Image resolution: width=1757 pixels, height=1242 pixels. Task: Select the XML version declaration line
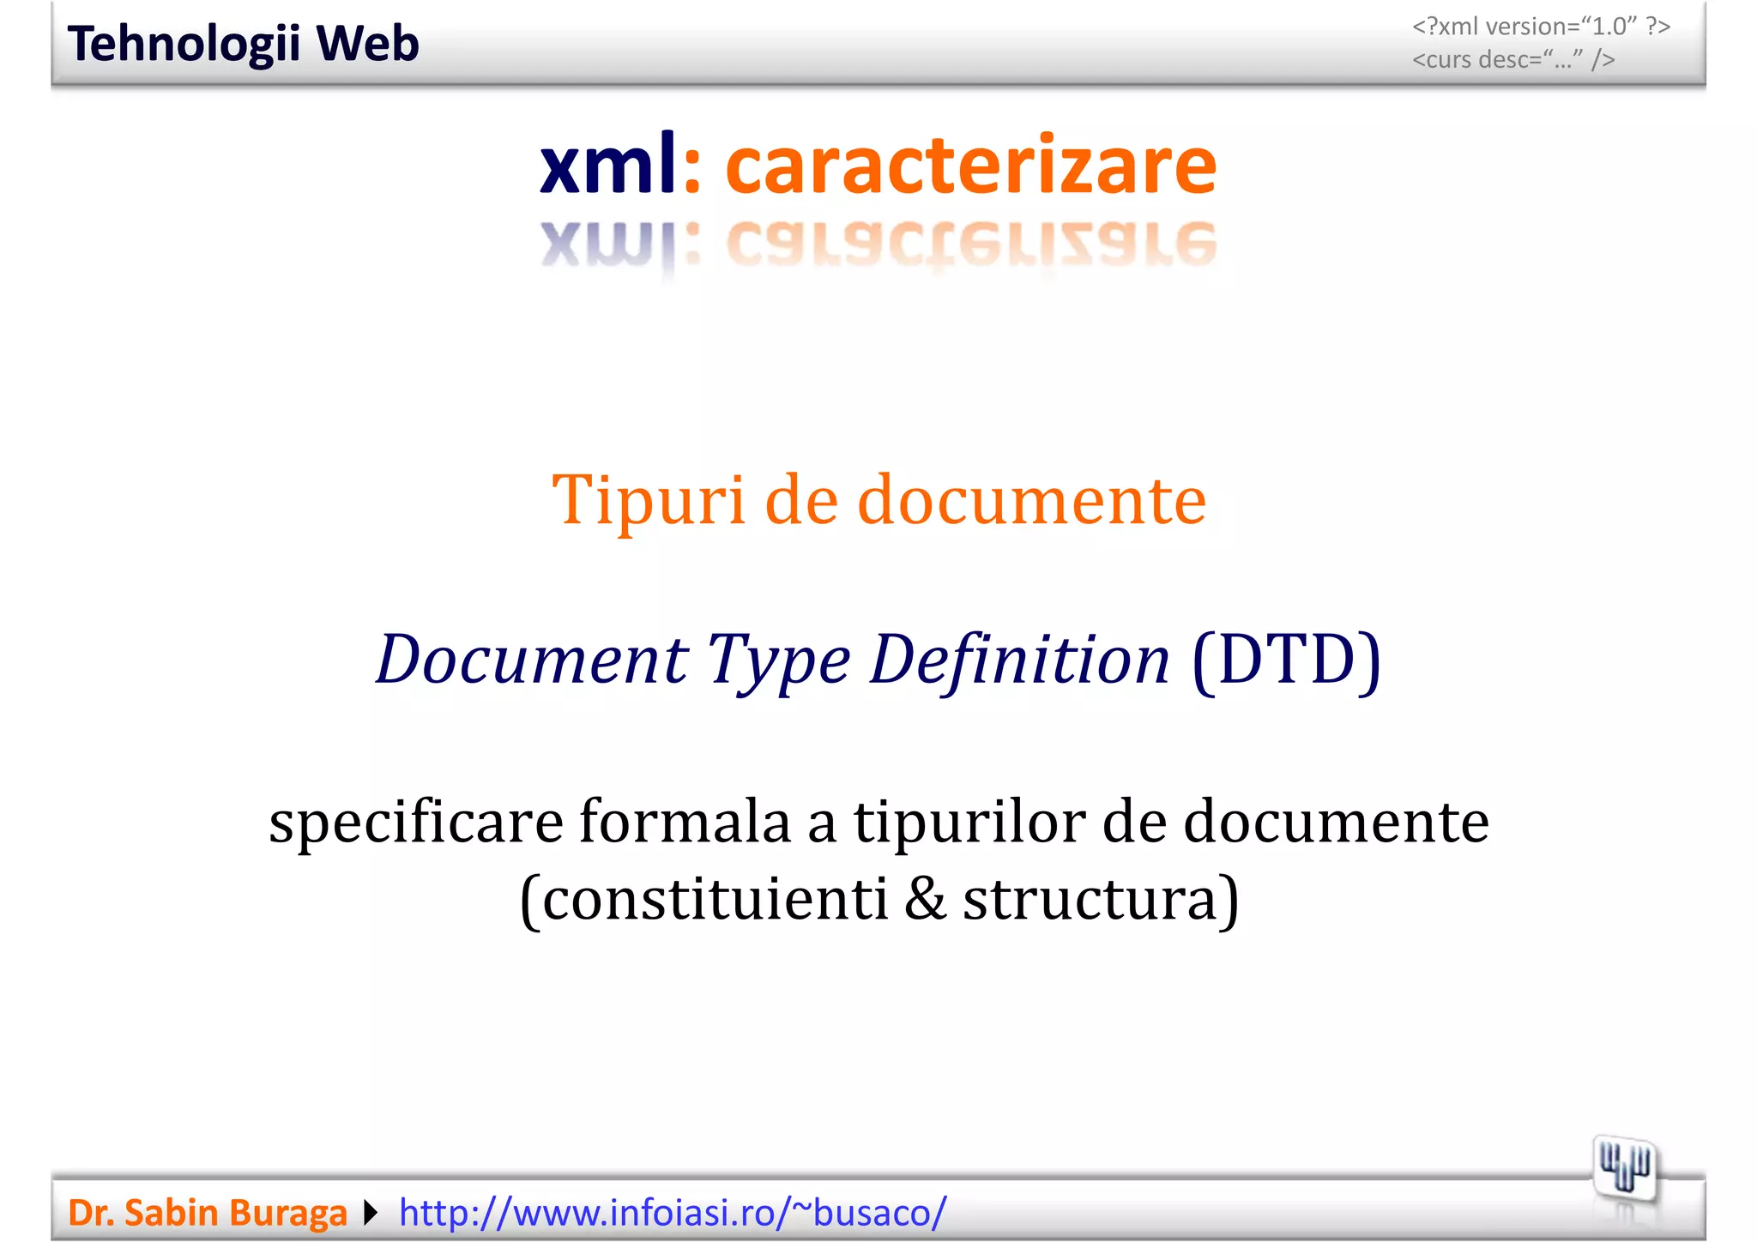click(x=1541, y=27)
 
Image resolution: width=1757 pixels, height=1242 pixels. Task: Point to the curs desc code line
click(x=1513, y=60)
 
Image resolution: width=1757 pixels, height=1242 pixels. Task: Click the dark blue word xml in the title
click(x=607, y=165)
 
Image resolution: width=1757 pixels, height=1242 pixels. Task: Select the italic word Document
click(x=532, y=660)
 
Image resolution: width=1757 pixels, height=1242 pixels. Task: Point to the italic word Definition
click(x=1019, y=660)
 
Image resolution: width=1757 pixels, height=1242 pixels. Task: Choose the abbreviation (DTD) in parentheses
click(x=1286, y=660)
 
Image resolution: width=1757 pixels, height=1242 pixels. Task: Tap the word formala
click(x=684, y=822)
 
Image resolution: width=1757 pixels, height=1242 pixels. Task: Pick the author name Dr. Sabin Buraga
click(x=208, y=1213)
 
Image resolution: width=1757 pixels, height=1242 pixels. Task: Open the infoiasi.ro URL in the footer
click(x=673, y=1213)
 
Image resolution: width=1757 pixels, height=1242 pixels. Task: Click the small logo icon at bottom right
click(x=1624, y=1168)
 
